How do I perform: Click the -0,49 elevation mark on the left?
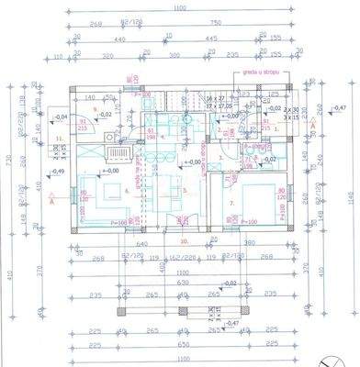(x=57, y=171)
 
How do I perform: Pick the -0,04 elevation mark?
(x=62, y=117)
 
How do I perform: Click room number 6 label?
(x=127, y=190)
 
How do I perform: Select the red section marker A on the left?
(x=54, y=198)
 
